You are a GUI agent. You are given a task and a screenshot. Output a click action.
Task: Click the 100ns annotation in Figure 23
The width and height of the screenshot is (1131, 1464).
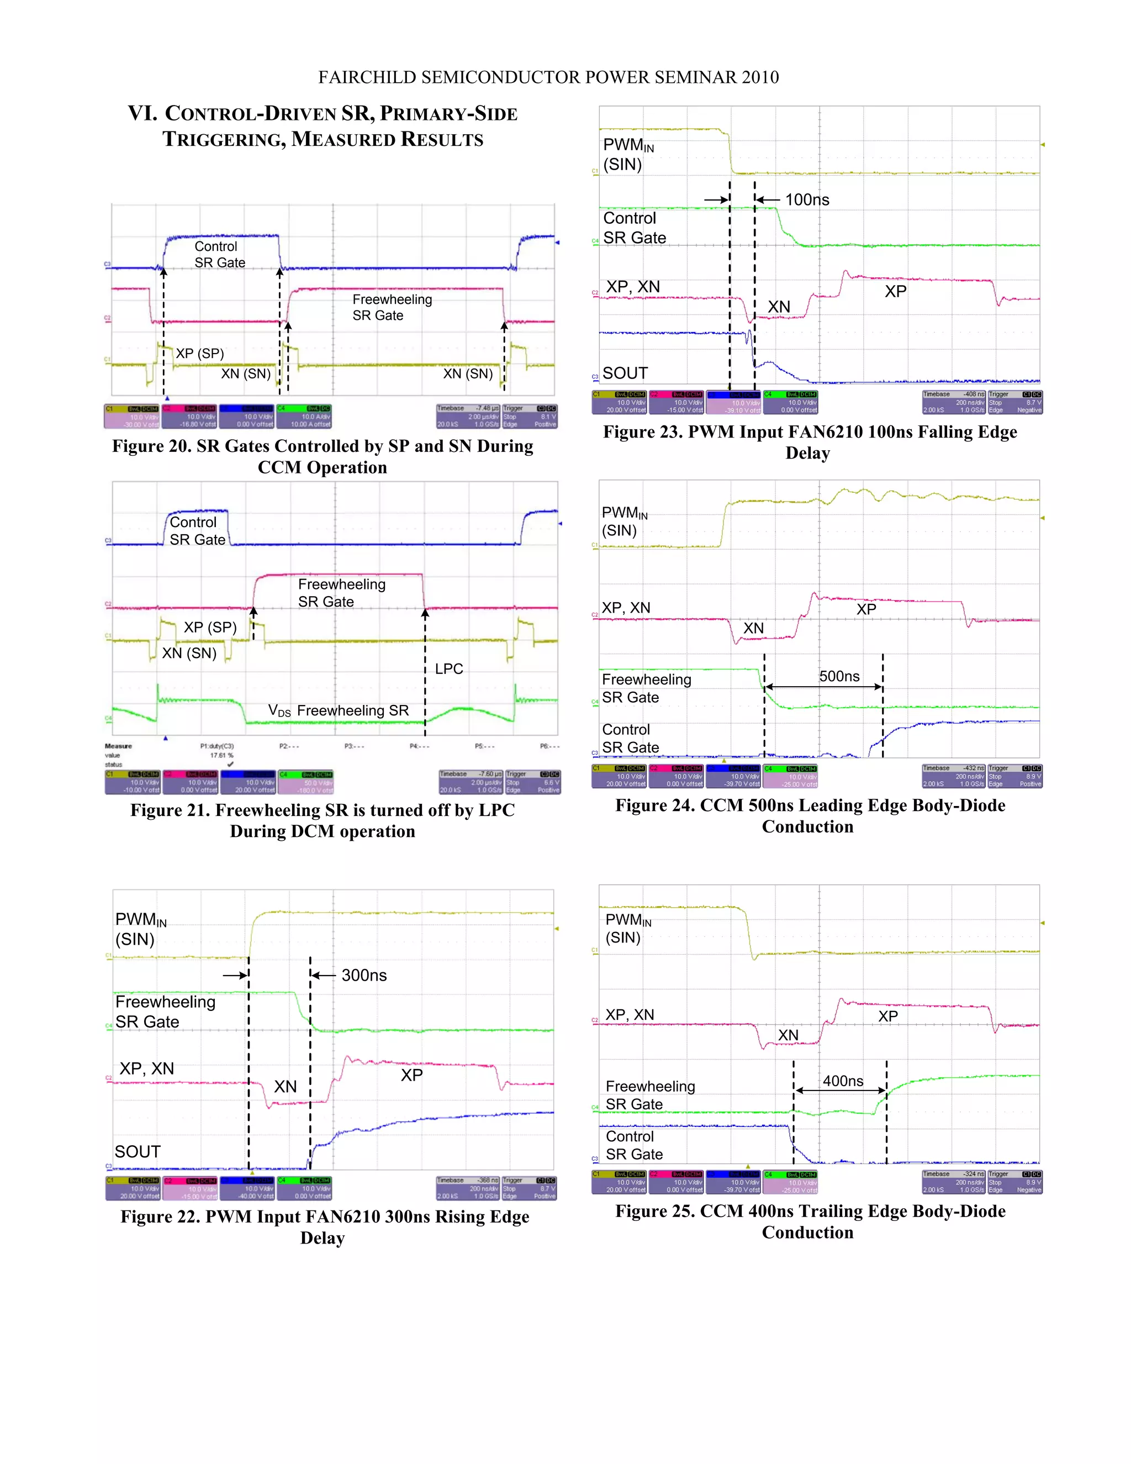coord(807,200)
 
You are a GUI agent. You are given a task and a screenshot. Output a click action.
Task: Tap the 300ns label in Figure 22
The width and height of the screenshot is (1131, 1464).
coord(364,975)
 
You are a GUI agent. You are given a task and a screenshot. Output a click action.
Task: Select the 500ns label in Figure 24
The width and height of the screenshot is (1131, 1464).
coord(839,676)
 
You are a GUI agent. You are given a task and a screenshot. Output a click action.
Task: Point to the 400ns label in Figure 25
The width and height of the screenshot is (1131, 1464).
coord(843,1081)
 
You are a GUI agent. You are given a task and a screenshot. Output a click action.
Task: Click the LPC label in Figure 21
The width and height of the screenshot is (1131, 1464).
coord(449,669)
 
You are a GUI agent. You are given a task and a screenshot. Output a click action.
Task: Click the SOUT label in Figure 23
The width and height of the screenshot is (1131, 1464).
coord(625,373)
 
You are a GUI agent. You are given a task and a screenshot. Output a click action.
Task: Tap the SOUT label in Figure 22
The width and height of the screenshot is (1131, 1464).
coord(138,1152)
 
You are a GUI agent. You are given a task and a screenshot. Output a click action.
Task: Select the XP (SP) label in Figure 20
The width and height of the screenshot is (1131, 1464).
coord(200,353)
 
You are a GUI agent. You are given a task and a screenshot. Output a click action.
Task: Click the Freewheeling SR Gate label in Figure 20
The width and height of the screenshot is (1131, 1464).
coord(392,308)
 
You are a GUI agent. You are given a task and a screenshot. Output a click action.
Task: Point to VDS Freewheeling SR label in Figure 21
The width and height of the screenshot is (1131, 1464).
coord(339,710)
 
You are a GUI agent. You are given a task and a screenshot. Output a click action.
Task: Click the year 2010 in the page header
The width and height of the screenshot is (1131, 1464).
coord(760,78)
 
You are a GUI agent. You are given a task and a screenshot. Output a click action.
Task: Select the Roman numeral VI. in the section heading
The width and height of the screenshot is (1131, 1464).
coord(142,113)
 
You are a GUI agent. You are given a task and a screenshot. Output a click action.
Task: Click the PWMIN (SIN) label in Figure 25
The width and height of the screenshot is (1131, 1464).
coord(627,929)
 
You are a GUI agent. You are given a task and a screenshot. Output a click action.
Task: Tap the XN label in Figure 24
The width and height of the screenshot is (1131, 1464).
coord(753,628)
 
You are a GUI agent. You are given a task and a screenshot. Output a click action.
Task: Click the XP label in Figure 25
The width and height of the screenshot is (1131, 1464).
coord(888,1016)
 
